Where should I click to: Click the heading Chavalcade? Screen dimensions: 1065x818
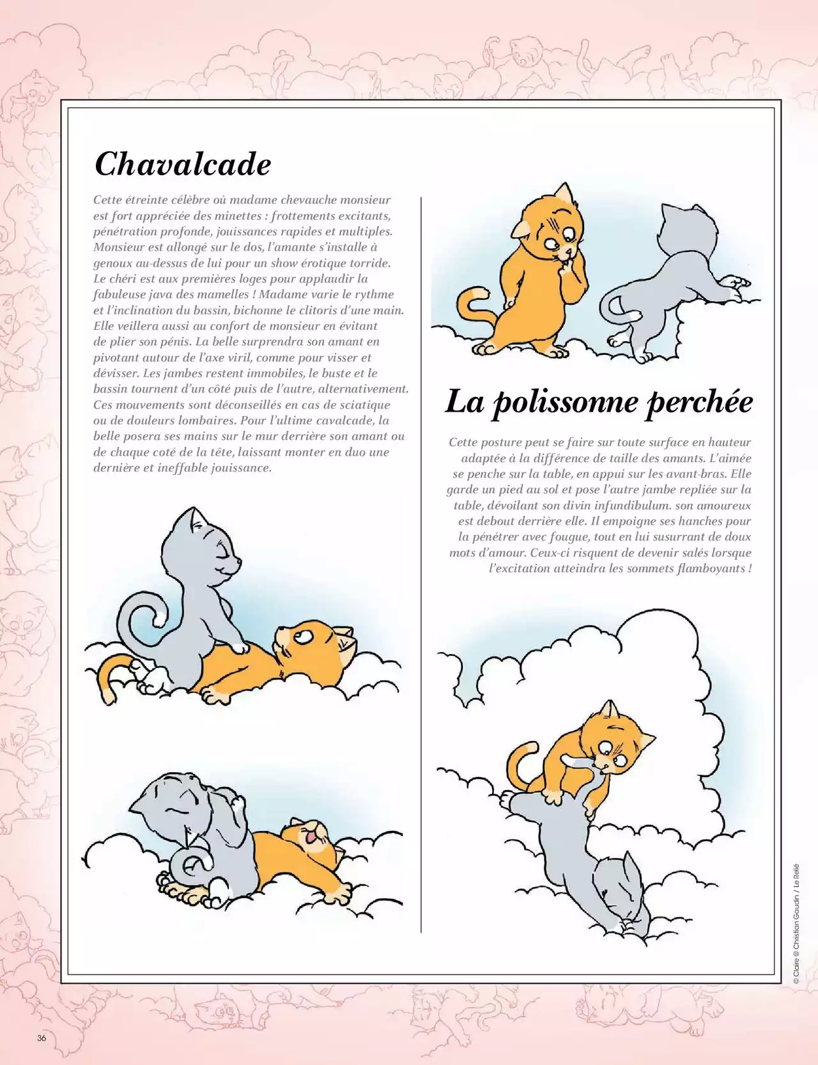(183, 164)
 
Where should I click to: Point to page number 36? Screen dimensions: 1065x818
(42, 1038)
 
